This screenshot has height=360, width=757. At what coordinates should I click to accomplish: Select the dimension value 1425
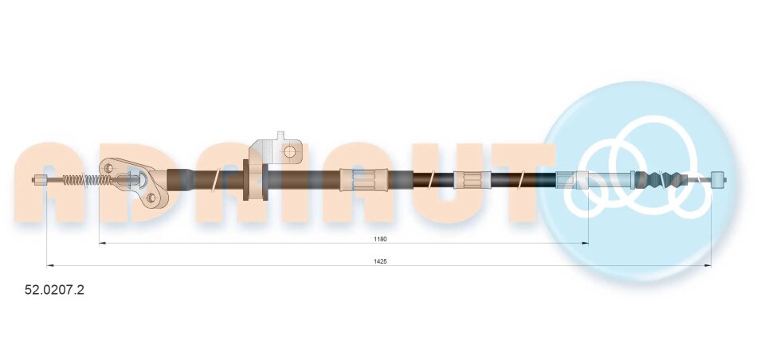click(x=380, y=261)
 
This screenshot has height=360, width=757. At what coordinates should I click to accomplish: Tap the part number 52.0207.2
click(x=54, y=290)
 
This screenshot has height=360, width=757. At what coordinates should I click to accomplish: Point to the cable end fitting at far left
click(x=40, y=180)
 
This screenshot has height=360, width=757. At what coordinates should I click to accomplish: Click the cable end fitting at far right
click(x=719, y=179)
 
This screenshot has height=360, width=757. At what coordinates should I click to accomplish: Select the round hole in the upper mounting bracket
click(x=290, y=152)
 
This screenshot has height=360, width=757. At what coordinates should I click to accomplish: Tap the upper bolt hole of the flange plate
click(x=108, y=168)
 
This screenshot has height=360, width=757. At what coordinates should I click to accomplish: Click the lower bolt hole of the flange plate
click(x=151, y=197)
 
